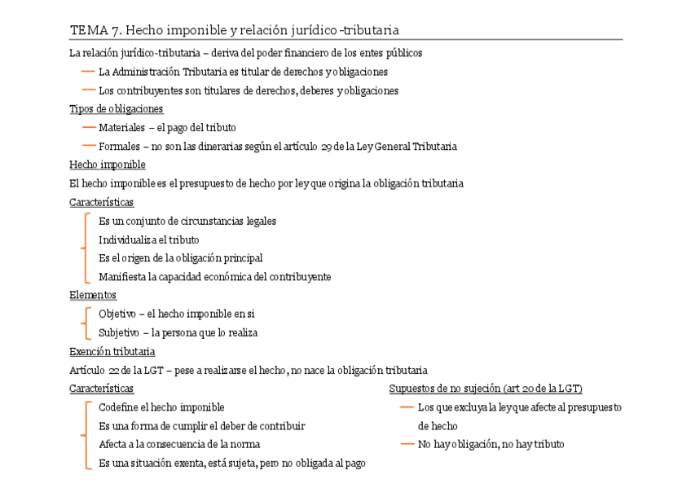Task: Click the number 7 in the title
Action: click(116, 31)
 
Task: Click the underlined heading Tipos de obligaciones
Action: click(117, 108)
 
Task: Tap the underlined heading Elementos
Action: click(93, 295)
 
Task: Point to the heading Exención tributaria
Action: click(112, 351)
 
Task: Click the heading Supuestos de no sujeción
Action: click(486, 389)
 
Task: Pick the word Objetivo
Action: click(117, 314)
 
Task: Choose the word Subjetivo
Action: click(119, 332)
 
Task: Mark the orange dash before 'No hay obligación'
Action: click(407, 444)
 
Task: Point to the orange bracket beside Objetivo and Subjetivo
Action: click(84, 323)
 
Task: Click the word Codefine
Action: click(118, 407)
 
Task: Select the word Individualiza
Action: click(123, 240)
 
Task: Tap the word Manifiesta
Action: click(121, 277)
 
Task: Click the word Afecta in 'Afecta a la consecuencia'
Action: click(112, 445)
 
